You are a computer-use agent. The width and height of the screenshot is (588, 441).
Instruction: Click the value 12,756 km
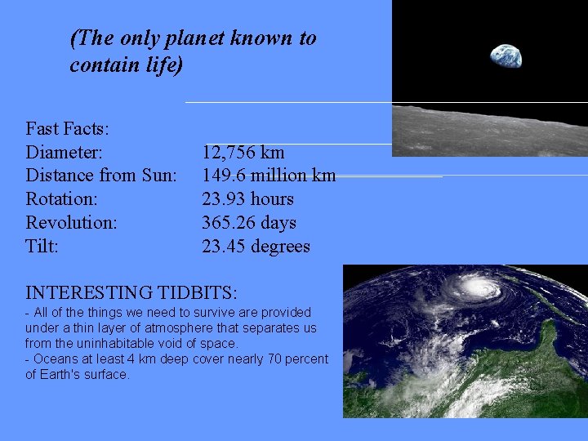coord(243,152)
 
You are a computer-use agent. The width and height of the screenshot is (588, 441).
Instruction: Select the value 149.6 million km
coord(269,176)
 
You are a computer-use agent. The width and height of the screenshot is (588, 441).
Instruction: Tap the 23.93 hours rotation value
coord(247,199)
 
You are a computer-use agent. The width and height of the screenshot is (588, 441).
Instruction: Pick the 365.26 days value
coord(248,223)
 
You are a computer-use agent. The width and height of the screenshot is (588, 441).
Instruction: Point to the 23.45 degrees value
coord(256,247)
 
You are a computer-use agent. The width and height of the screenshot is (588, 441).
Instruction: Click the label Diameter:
coord(64,152)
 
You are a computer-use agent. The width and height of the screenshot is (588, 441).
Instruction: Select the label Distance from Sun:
coord(101,176)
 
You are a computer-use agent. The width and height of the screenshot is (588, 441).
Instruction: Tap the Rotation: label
coord(62,199)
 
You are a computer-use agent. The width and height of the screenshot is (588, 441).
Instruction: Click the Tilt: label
coord(42,247)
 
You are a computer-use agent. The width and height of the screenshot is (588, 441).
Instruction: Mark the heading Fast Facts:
coord(68,128)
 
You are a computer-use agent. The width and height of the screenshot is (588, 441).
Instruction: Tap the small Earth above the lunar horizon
coord(506,56)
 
